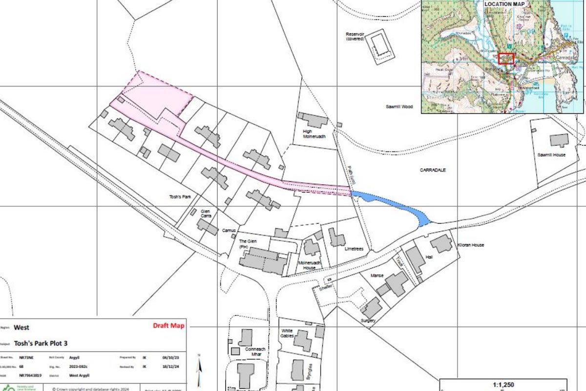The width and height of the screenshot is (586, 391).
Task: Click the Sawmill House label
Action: [x=551, y=155]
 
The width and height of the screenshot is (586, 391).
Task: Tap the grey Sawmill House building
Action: [x=559, y=140]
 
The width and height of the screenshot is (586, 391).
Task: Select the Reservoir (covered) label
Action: [x=356, y=36]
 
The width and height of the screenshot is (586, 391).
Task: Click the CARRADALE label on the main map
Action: [x=433, y=170]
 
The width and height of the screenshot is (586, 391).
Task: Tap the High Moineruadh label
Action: [x=314, y=134]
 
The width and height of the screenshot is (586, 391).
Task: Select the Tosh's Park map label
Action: [x=179, y=196]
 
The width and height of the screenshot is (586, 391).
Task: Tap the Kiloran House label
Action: [x=470, y=245]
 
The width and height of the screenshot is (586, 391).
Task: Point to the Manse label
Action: [x=377, y=276]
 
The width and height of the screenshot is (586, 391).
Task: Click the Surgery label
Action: [x=368, y=321]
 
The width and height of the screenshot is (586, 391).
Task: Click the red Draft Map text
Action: [x=168, y=326]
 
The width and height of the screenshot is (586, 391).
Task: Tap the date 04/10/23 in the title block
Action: [x=167, y=358]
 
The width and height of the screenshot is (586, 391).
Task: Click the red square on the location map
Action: [x=506, y=59]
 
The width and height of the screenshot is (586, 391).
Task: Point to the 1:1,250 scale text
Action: [x=503, y=385]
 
